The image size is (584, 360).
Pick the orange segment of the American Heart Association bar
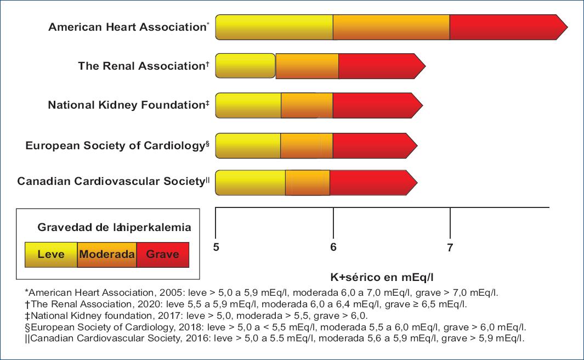(391, 27)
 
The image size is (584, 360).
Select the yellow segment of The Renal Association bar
(245, 66)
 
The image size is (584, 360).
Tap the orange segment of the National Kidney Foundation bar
(307, 105)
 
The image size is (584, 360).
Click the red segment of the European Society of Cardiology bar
(373, 145)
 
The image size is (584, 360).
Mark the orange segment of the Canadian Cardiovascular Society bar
(307, 182)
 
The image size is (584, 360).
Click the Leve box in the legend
(50, 255)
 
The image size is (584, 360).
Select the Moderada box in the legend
(107, 255)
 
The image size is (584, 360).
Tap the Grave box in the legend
(162, 255)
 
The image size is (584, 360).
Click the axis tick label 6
(333, 248)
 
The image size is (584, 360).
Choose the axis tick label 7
(450, 248)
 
